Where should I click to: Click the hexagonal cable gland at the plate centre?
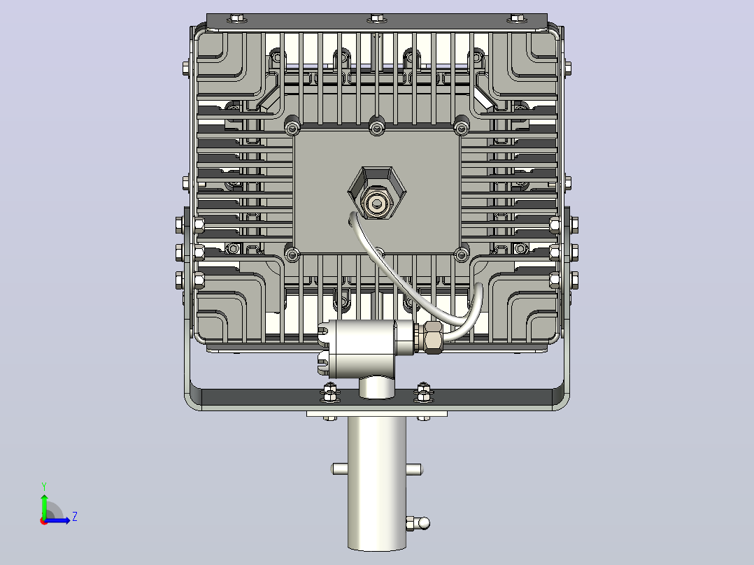tap(377, 193)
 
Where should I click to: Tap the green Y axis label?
tap(44, 486)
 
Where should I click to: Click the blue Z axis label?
tap(75, 517)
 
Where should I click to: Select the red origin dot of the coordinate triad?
tap(44, 521)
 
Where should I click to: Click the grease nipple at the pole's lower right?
tap(418, 523)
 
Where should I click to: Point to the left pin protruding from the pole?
tap(339, 469)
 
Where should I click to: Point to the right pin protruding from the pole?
tap(413, 469)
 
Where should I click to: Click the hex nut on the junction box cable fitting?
tap(433, 337)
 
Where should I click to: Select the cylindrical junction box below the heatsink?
tap(365, 344)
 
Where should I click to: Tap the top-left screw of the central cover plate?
tap(292, 128)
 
